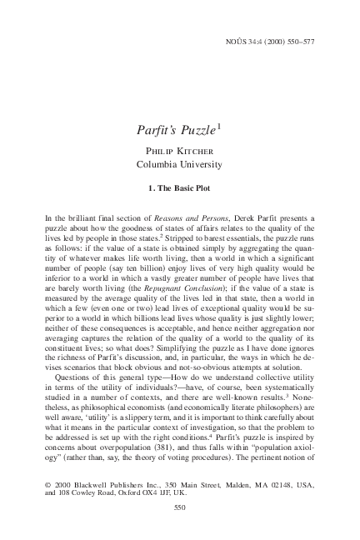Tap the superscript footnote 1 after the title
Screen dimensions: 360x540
(218, 127)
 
